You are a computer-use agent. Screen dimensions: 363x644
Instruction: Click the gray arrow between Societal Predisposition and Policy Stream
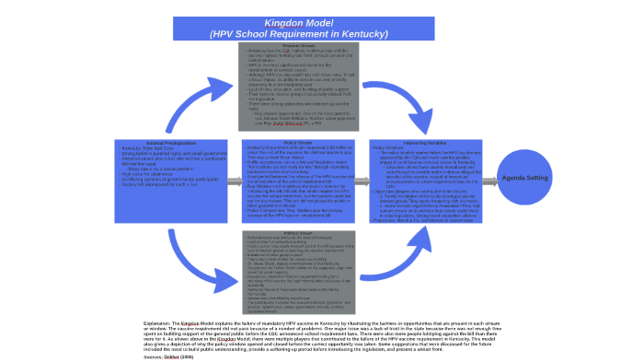[x=235, y=183]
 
